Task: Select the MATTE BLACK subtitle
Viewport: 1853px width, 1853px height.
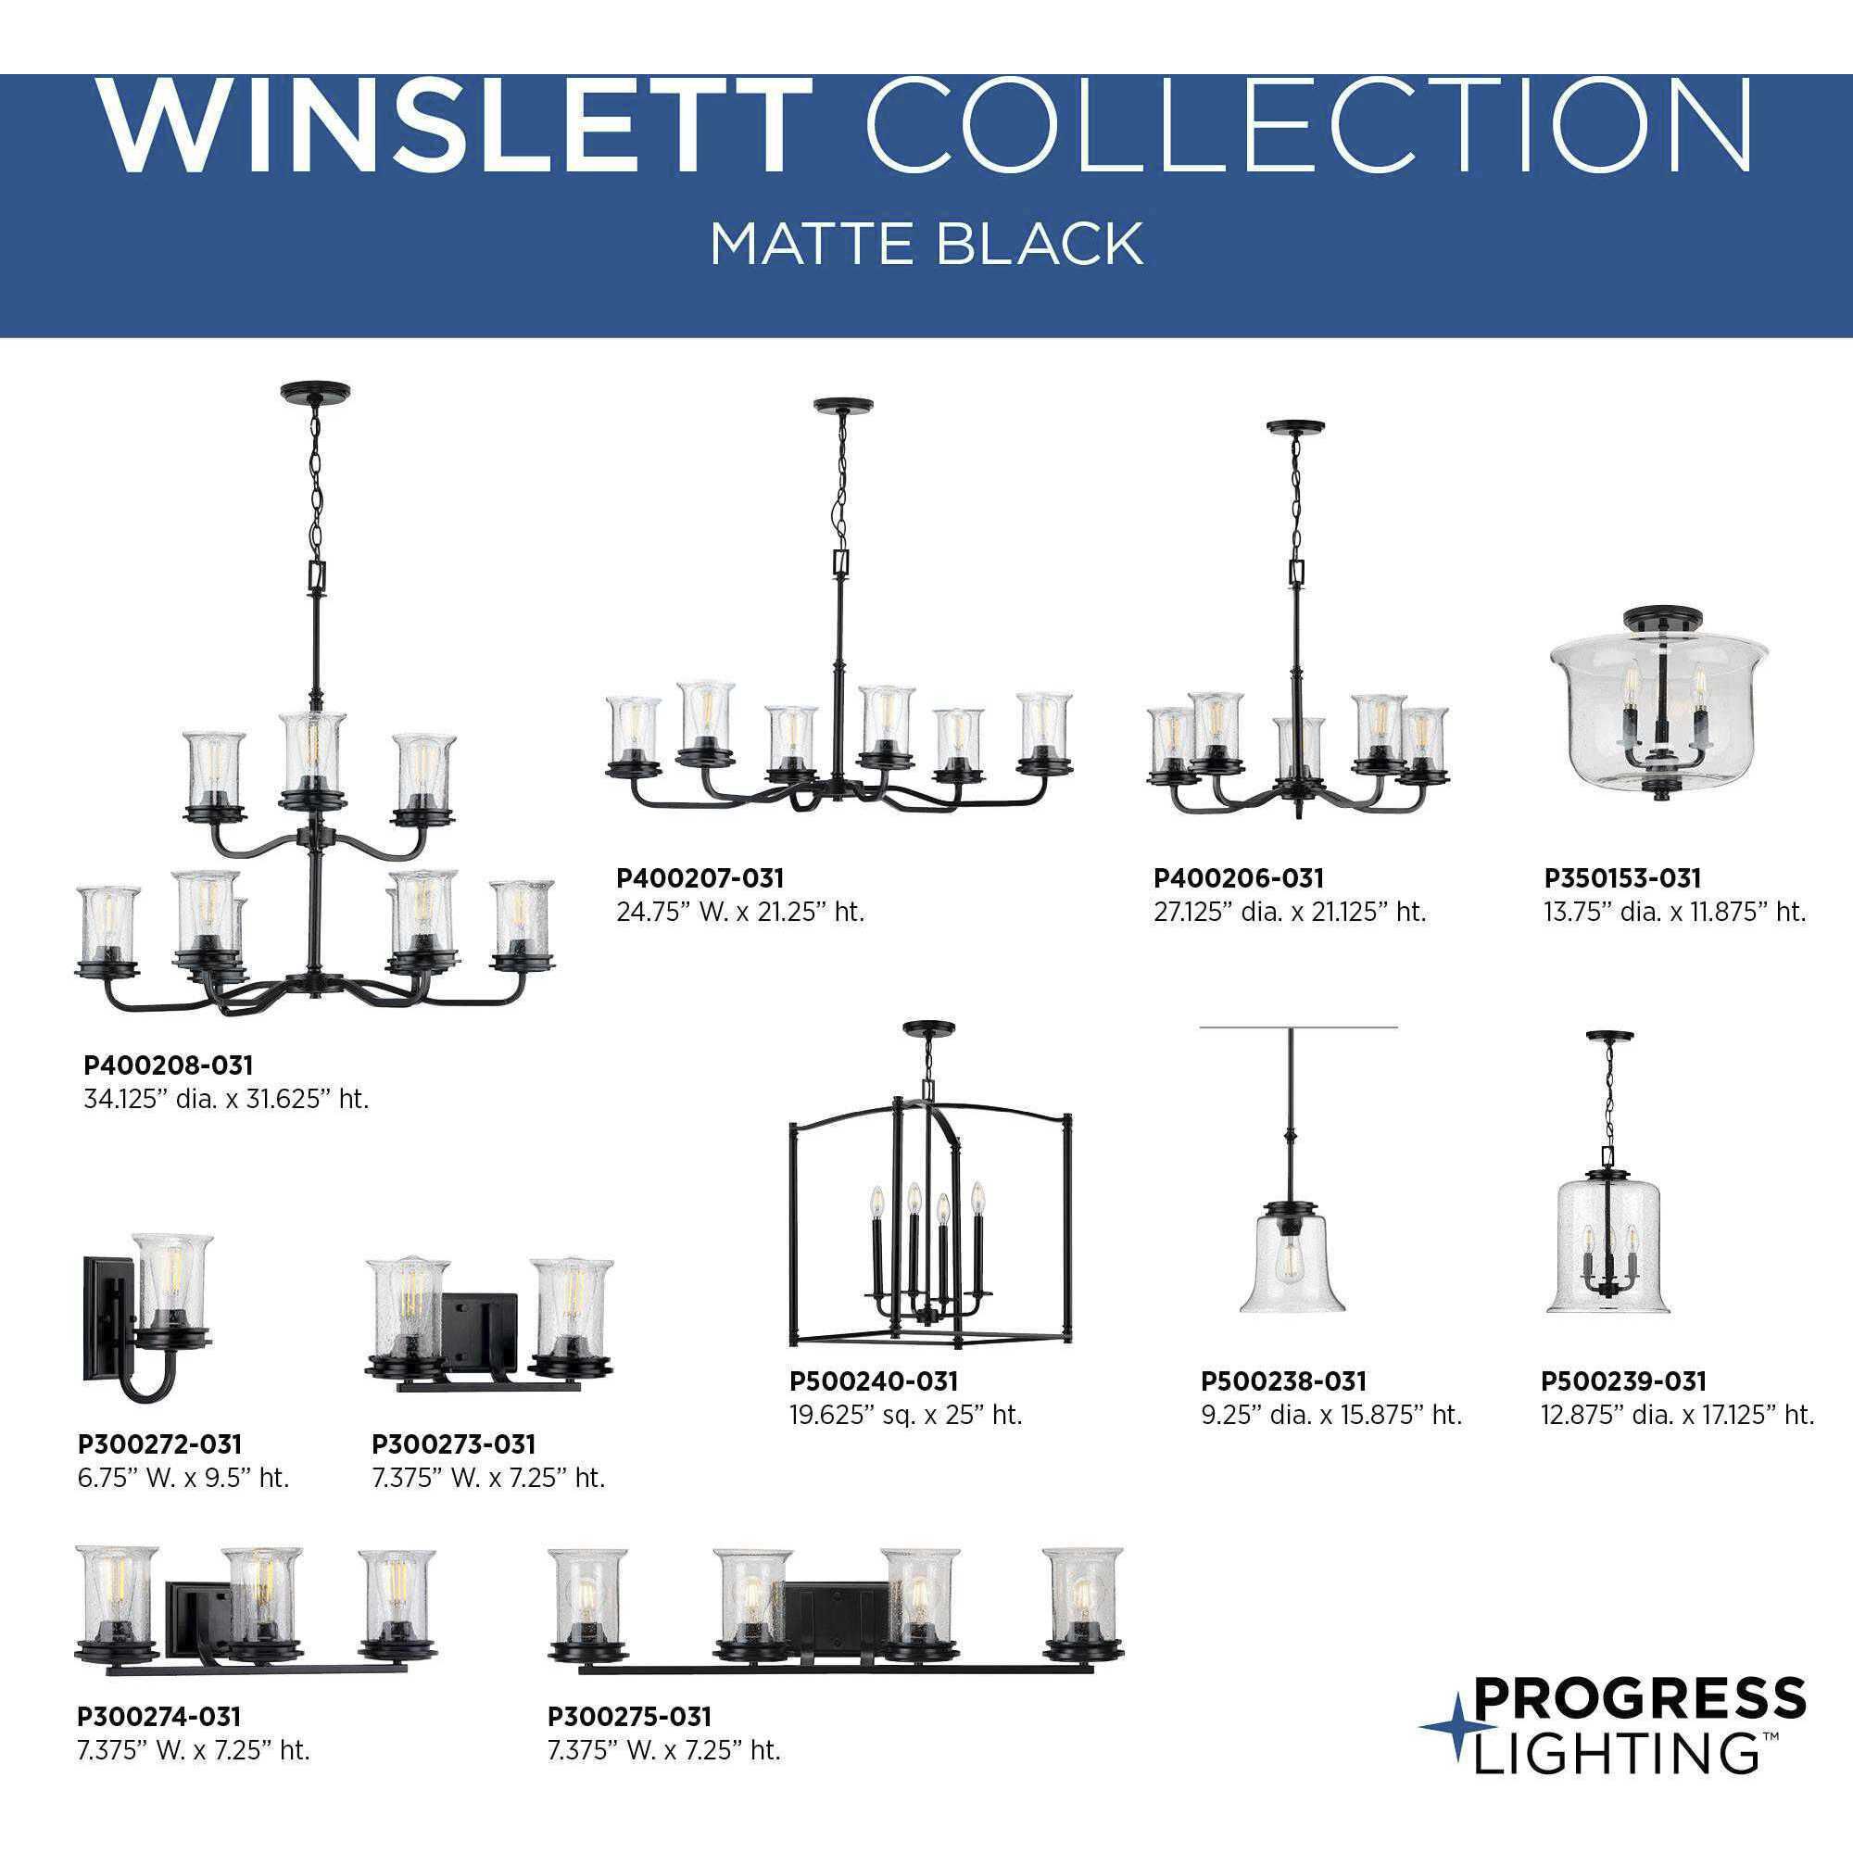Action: tap(926, 244)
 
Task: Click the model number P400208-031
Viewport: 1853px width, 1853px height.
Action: tap(169, 1065)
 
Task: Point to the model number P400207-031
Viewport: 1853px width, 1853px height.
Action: tap(700, 877)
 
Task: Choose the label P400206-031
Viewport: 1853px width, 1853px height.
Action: tap(1238, 877)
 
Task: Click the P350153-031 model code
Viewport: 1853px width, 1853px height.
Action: tap(1622, 877)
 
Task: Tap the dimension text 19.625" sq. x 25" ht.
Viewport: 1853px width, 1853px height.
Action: tap(905, 1415)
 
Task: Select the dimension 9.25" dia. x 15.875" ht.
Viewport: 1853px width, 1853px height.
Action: tap(1331, 1415)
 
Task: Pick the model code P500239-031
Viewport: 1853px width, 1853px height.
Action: tap(1624, 1381)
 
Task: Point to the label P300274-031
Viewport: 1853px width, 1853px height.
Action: tap(159, 1716)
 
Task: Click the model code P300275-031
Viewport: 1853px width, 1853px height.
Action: tap(630, 1716)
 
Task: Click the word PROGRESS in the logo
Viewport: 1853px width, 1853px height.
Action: tap(1639, 1698)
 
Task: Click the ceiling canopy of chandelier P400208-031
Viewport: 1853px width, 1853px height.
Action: tap(315, 391)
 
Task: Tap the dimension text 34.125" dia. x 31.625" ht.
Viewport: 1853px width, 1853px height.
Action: tap(226, 1099)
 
